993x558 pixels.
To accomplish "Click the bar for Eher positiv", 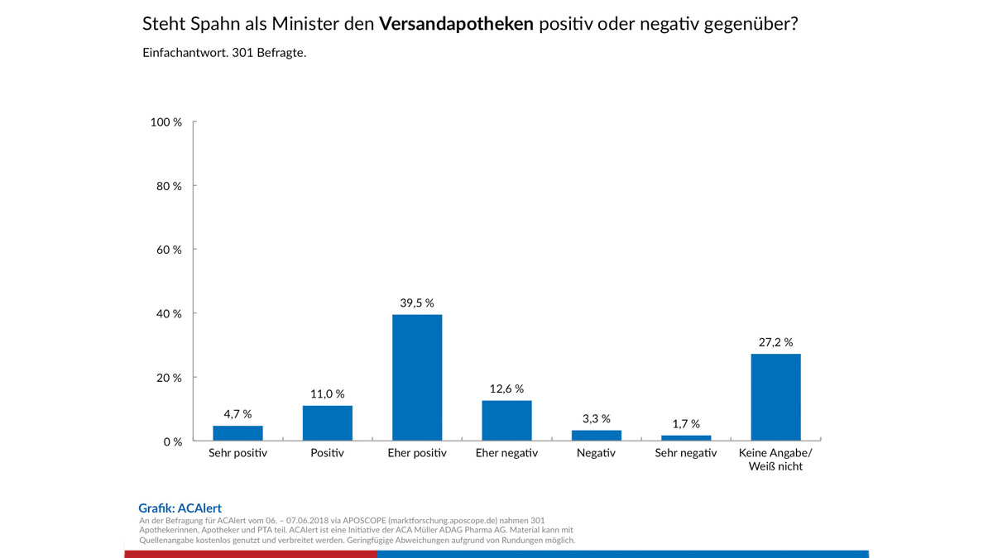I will click(417, 378).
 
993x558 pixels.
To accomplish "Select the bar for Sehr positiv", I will click(237, 433).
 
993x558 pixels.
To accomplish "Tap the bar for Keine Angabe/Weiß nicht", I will click(775, 397).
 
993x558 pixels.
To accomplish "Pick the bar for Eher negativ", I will click(506, 421).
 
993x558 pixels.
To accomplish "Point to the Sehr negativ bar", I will click(686, 437).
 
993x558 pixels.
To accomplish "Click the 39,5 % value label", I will click(417, 303).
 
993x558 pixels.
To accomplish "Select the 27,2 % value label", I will click(775, 341).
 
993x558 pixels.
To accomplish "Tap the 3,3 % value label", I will click(596, 418).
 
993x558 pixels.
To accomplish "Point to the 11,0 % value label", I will click(327, 393).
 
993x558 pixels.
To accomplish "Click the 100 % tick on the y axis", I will click(166, 122).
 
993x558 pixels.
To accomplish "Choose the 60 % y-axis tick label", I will click(170, 250).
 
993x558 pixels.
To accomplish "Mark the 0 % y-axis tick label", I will click(173, 441).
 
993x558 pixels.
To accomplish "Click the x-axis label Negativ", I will click(596, 454).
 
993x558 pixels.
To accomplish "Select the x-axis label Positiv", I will click(327, 454).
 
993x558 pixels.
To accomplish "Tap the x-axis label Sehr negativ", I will click(686, 454).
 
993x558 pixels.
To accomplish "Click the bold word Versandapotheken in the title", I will click(456, 25).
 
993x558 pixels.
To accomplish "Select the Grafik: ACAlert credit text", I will click(180, 508).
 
